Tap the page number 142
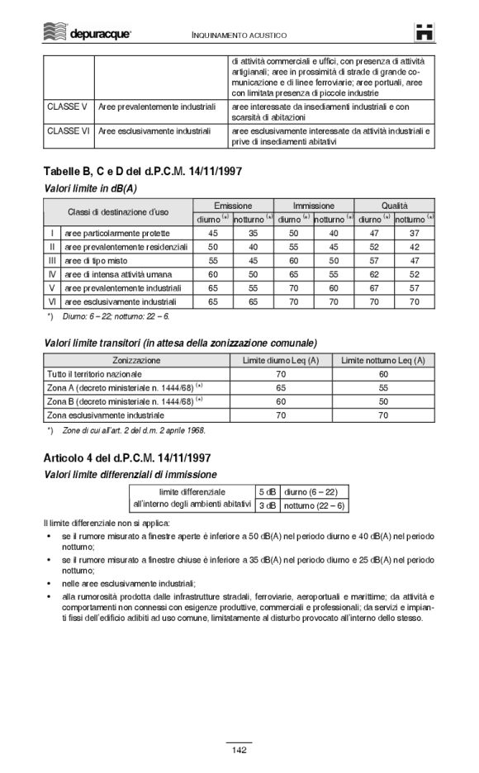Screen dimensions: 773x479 pos(239,750)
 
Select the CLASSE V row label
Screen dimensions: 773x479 pos(68,107)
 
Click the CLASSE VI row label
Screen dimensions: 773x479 pos(69,130)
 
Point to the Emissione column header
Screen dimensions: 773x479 pos(233,205)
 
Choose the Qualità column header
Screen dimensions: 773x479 pos(394,205)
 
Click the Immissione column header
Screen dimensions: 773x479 pos(314,205)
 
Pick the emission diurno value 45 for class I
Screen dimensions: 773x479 pos(213,234)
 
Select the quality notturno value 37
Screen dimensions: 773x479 pos(414,234)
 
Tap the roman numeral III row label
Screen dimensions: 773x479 pos(52,260)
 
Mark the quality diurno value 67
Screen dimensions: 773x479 pos(374,287)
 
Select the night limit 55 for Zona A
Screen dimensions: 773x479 pos(382,387)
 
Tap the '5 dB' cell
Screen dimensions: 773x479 pos(267,491)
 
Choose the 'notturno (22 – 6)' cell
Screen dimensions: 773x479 pos(314,505)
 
